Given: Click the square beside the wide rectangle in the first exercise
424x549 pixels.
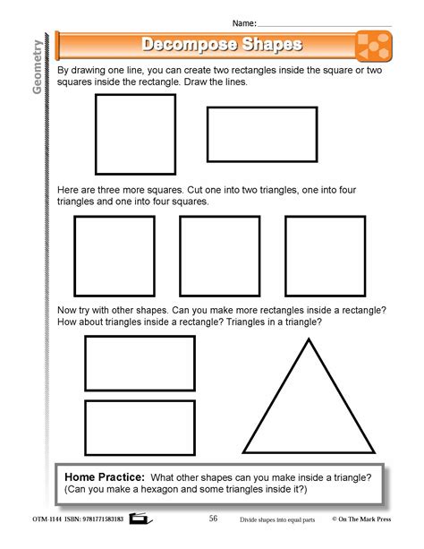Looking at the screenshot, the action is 135,134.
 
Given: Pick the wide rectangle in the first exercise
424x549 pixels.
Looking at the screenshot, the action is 262,134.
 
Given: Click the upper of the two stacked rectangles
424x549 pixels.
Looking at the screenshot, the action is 140,363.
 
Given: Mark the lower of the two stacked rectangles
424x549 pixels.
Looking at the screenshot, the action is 140,427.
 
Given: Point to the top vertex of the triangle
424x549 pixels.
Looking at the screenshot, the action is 309,339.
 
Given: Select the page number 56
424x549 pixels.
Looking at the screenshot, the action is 213,518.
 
